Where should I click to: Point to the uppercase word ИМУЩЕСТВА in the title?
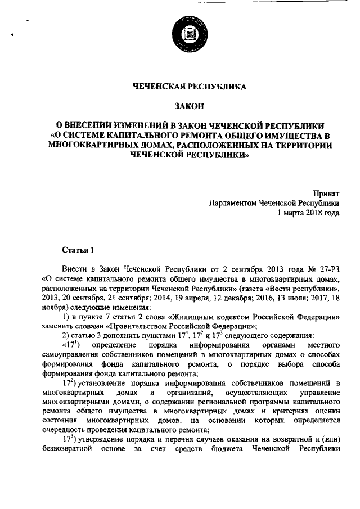pyautogui.click(x=296, y=136)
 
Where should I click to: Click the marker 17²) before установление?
pyautogui.click(x=70, y=384)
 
